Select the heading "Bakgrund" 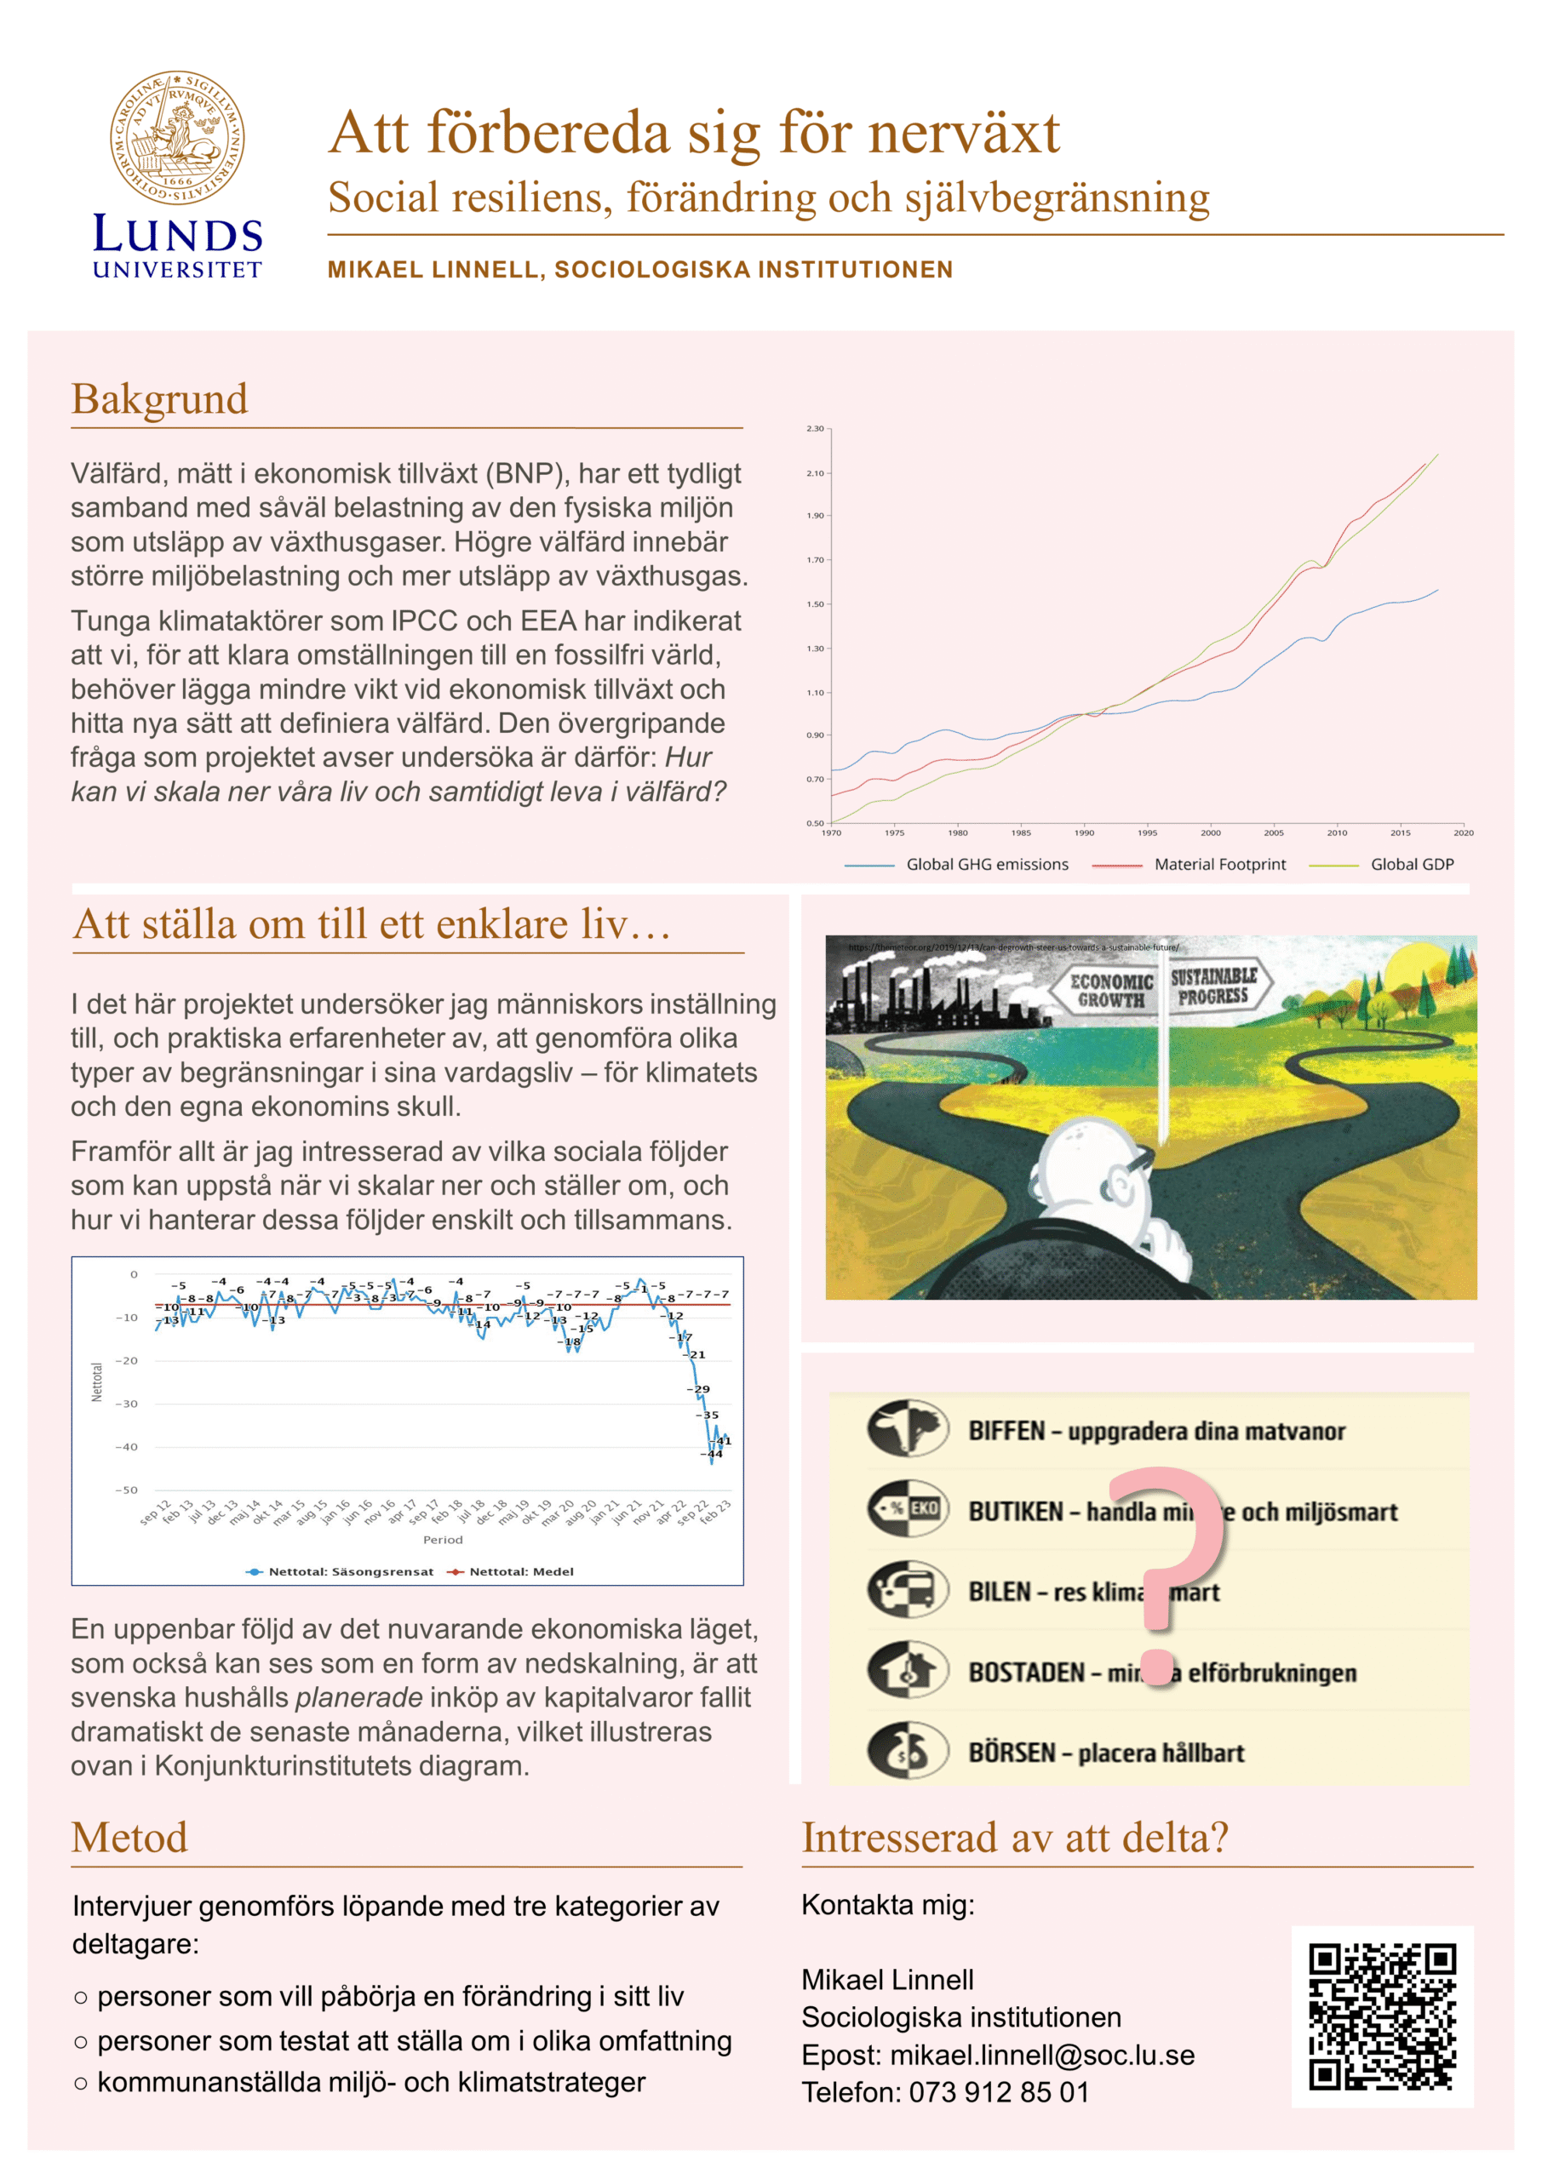pos(159,398)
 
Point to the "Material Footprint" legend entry pos(1219,864)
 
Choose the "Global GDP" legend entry pos(1411,864)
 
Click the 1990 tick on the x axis pos(1083,832)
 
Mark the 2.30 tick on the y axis pos(816,429)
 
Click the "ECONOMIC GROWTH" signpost pos(1110,990)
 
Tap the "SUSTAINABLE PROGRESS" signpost pos(1212,986)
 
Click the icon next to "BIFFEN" pos(907,1428)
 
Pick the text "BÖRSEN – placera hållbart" pos(1105,1752)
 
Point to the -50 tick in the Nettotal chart pos(126,1490)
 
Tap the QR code pos(1382,2016)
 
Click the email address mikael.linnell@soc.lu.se pos(1041,2055)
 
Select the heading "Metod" pos(130,1838)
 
